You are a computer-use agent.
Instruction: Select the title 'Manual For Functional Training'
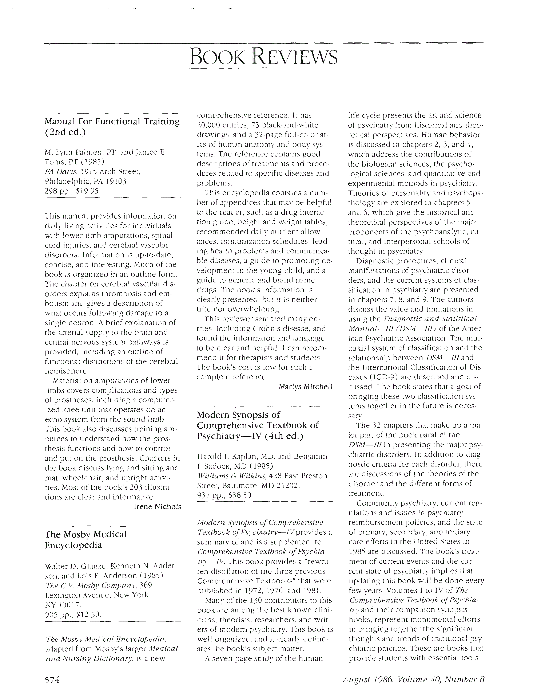112,122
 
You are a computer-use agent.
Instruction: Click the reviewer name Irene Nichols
158,507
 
